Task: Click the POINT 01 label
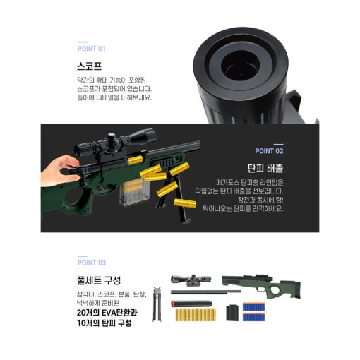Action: [x=92, y=49]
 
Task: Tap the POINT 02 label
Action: [x=269, y=151]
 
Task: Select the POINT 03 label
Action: [x=92, y=263]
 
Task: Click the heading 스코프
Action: [x=89, y=66]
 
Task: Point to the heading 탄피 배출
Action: [x=265, y=169]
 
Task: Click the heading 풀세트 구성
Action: [x=99, y=280]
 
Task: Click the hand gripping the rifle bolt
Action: [x=60, y=171]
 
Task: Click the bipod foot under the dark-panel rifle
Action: [x=186, y=221]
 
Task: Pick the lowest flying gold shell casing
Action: [x=185, y=203]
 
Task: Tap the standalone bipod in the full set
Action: [x=157, y=304]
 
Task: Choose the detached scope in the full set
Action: [x=191, y=280]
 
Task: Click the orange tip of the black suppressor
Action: [x=173, y=304]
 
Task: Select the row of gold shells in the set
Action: [x=196, y=315]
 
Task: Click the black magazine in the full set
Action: [x=232, y=313]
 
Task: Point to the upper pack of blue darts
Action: [x=253, y=307]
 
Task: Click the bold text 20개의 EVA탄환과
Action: [x=107, y=313]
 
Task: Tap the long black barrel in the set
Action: [x=206, y=292]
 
